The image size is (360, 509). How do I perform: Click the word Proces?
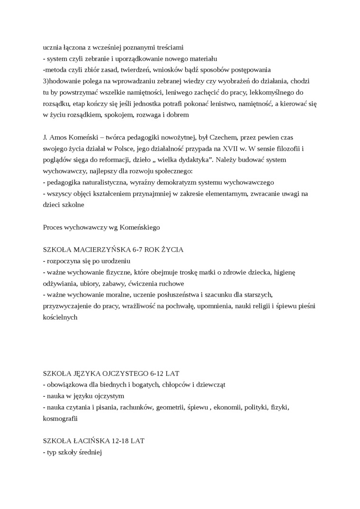(x=53, y=227)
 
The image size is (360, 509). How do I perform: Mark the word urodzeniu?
(x=115, y=261)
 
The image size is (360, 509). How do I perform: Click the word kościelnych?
(x=60, y=317)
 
